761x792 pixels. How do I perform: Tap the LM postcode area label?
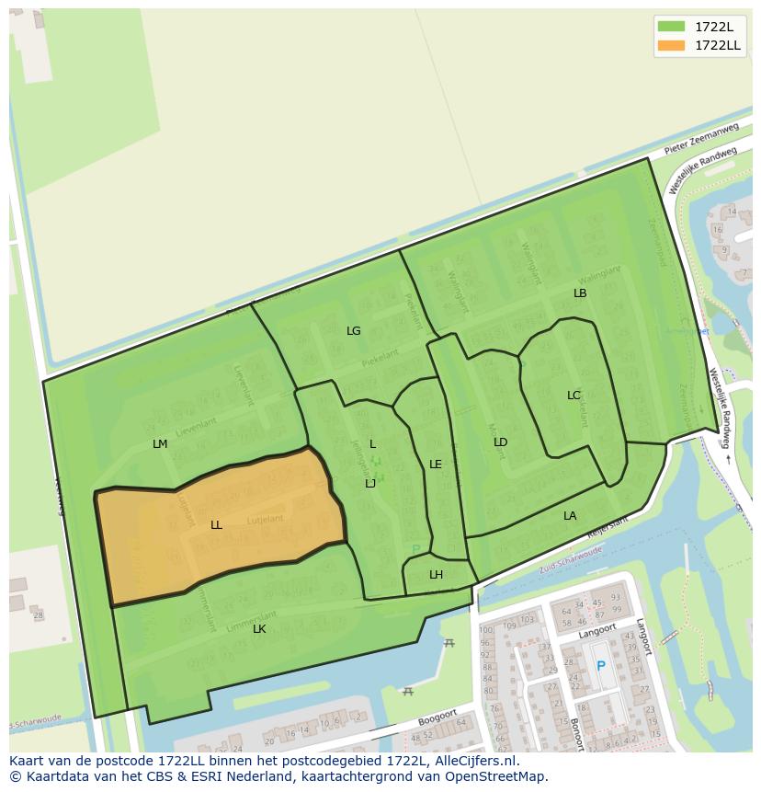[x=160, y=444]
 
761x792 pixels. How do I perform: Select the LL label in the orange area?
[x=216, y=525]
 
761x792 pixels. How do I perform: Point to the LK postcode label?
[x=259, y=629]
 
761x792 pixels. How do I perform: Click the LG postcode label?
[x=354, y=331]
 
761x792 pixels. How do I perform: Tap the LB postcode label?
[x=580, y=293]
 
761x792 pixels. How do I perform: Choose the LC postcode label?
[x=574, y=396]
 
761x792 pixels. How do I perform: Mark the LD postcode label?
[x=500, y=442]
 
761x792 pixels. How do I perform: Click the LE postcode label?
[x=436, y=465]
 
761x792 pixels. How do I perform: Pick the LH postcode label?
[x=436, y=575]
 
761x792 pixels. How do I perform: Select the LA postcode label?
[x=570, y=516]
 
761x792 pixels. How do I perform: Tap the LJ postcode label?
[x=370, y=484]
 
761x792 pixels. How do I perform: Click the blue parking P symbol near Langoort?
[x=601, y=666]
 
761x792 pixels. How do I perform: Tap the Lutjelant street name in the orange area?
[x=266, y=520]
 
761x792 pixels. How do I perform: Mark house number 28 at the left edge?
[x=38, y=614]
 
